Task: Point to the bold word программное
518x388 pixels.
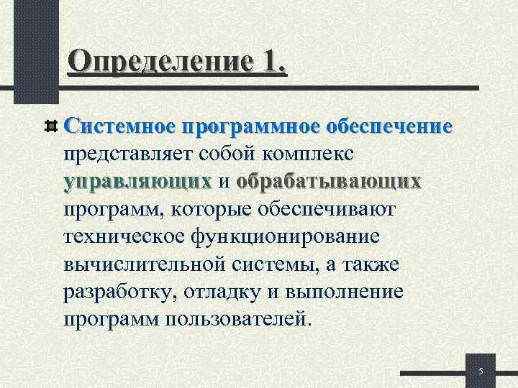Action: pos(240,126)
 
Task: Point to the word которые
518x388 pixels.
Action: pos(232,210)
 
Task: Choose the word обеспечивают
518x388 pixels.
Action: pos(342,210)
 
